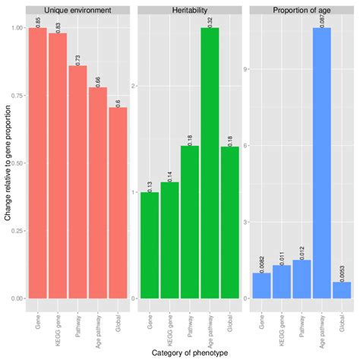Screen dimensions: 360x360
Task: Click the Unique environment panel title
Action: point(77,11)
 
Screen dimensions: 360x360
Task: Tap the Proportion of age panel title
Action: point(301,11)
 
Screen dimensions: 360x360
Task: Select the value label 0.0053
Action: point(342,270)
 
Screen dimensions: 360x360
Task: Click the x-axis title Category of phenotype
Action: point(189,352)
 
